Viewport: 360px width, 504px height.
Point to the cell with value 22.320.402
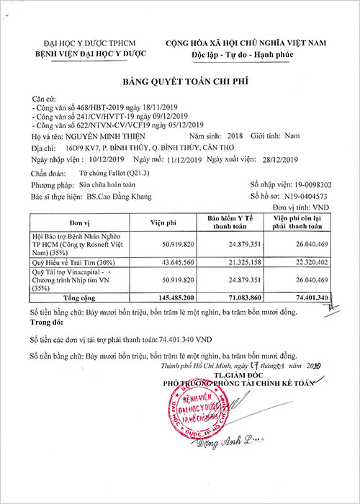pyautogui.click(x=310, y=263)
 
